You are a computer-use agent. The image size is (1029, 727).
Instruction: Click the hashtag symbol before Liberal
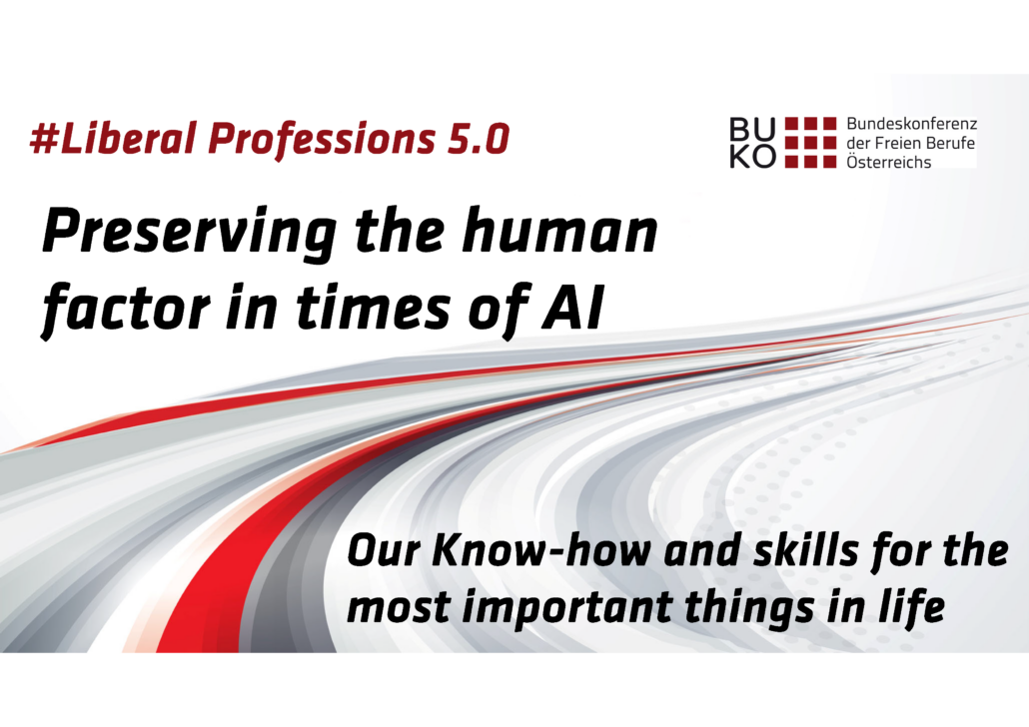(45, 139)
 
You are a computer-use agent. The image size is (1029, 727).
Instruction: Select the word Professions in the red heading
(323, 140)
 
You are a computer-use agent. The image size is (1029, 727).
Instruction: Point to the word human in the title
(559, 230)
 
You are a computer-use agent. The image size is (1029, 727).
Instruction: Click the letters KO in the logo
(752, 156)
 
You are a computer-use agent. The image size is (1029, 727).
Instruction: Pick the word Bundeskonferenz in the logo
(911, 124)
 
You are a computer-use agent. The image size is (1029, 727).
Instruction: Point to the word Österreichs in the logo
(888, 162)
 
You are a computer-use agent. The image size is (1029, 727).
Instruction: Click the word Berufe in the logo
(951, 143)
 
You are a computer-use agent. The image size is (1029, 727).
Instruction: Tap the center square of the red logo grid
(811, 143)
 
